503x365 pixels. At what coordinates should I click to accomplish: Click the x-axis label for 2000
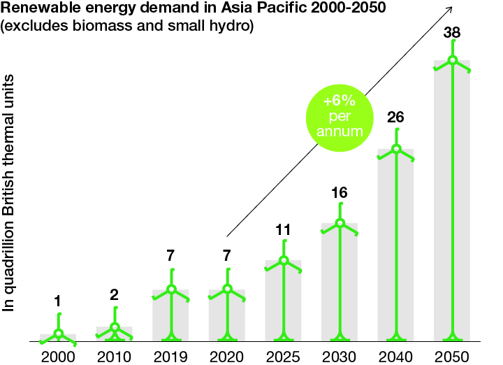click(57, 357)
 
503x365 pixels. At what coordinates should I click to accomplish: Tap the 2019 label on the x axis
click(170, 357)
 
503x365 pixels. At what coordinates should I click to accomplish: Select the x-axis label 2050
click(452, 357)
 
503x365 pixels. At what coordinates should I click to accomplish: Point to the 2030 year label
click(340, 357)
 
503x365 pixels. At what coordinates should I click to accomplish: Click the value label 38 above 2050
click(452, 33)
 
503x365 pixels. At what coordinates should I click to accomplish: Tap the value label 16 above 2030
click(340, 193)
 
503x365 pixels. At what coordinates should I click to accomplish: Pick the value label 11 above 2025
click(284, 229)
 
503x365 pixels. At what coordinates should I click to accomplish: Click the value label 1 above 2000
click(58, 301)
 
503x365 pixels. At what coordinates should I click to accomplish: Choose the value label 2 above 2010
click(115, 295)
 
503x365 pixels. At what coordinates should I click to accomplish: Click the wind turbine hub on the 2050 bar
click(453, 60)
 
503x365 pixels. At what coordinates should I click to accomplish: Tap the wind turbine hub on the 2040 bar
click(396, 149)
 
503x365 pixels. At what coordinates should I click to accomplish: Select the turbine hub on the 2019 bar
click(170, 289)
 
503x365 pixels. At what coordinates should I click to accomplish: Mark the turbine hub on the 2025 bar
click(284, 261)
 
